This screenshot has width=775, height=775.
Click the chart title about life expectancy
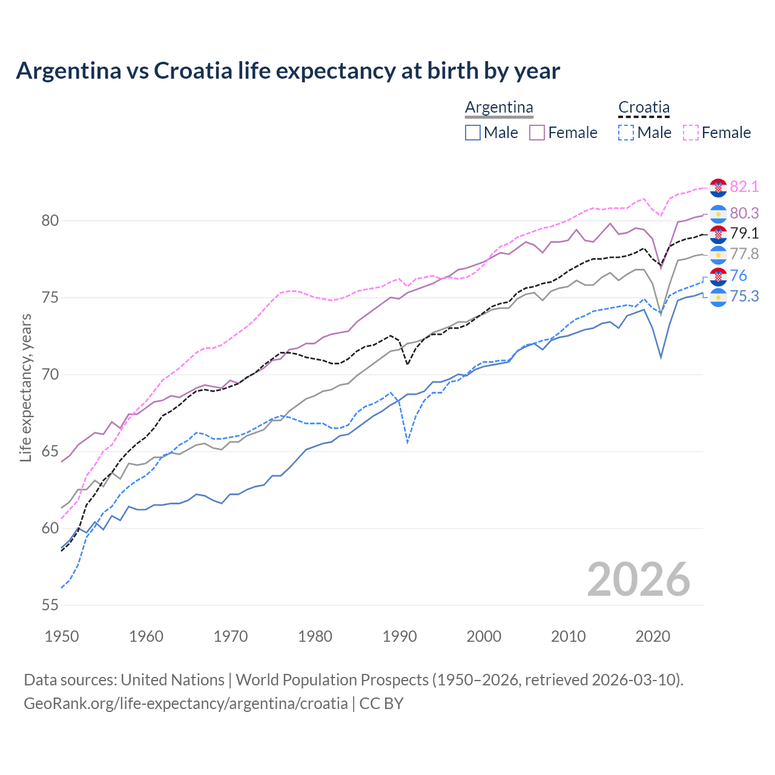(x=288, y=71)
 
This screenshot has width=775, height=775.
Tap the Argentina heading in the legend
(x=499, y=108)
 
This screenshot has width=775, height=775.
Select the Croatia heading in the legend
(x=644, y=108)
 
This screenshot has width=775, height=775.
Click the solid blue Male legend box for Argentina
(x=473, y=133)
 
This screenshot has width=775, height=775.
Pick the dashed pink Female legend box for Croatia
(x=691, y=133)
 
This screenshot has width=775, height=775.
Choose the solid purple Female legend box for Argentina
(x=537, y=133)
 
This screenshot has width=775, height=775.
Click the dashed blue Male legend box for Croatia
(x=626, y=133)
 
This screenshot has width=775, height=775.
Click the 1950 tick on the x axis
(x=62, y=636)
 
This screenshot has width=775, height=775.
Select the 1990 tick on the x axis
(x=400, y=636)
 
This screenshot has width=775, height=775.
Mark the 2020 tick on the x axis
(x=653, y=636)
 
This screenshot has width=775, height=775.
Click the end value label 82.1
(x=744, y=186)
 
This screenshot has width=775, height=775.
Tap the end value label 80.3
(x=744, y=213)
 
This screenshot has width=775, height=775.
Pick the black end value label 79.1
(x=744, y=234)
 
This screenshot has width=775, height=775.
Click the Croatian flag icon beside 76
(x=718, y=277)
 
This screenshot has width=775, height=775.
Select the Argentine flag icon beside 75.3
(x=718, y=297)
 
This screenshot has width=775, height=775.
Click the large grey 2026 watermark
(x=638, y=579)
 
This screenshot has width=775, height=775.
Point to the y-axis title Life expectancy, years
(x=25, y=387)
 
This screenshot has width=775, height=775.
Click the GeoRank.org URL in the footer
(x=185, y=704)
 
